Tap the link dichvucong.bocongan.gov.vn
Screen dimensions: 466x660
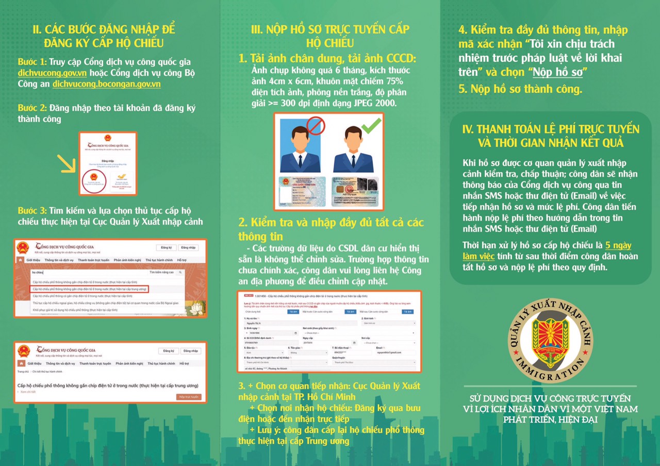coord(107,84)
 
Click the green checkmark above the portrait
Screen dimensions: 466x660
coord(372,124)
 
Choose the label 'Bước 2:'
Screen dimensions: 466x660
coord(32,108)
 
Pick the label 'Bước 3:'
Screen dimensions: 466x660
coord(32,211)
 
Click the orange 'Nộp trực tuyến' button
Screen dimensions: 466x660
coord(188,397)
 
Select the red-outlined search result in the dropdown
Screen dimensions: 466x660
coord(89,289)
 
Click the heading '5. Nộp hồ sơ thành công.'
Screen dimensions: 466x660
coord(520,89)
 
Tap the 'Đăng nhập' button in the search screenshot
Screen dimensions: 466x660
coord(188,247)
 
